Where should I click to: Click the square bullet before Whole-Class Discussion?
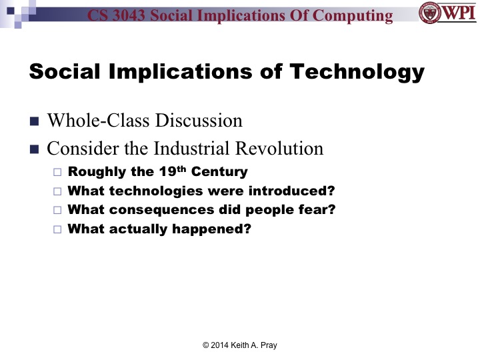[35, 122]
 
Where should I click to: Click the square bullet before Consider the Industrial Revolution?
[35, 149]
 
